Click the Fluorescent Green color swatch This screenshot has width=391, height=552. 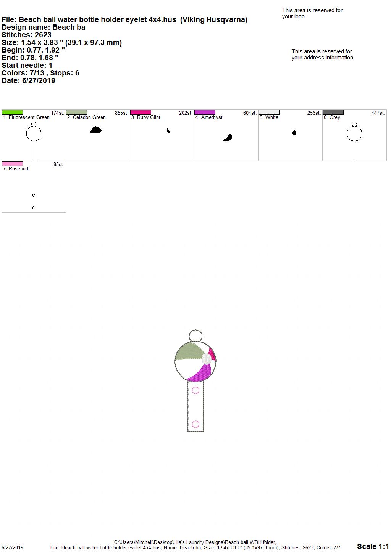click(x=12, y=112)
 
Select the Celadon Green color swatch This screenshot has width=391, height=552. click(x=76, y=112)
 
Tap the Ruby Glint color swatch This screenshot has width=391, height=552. click(x=141, y=112)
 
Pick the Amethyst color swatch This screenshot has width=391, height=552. click(x=205, y=112)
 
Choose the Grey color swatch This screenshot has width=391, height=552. click(x=333, y=112)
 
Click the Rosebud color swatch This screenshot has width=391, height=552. click(x=12, y=164)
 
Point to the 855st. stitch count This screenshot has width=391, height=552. click(x=121, y=113)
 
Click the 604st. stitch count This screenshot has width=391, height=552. click(x=250, y=113)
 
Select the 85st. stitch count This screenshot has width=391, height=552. click(x=59, y=165)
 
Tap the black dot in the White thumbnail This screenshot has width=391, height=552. click(x=294, y=133)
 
